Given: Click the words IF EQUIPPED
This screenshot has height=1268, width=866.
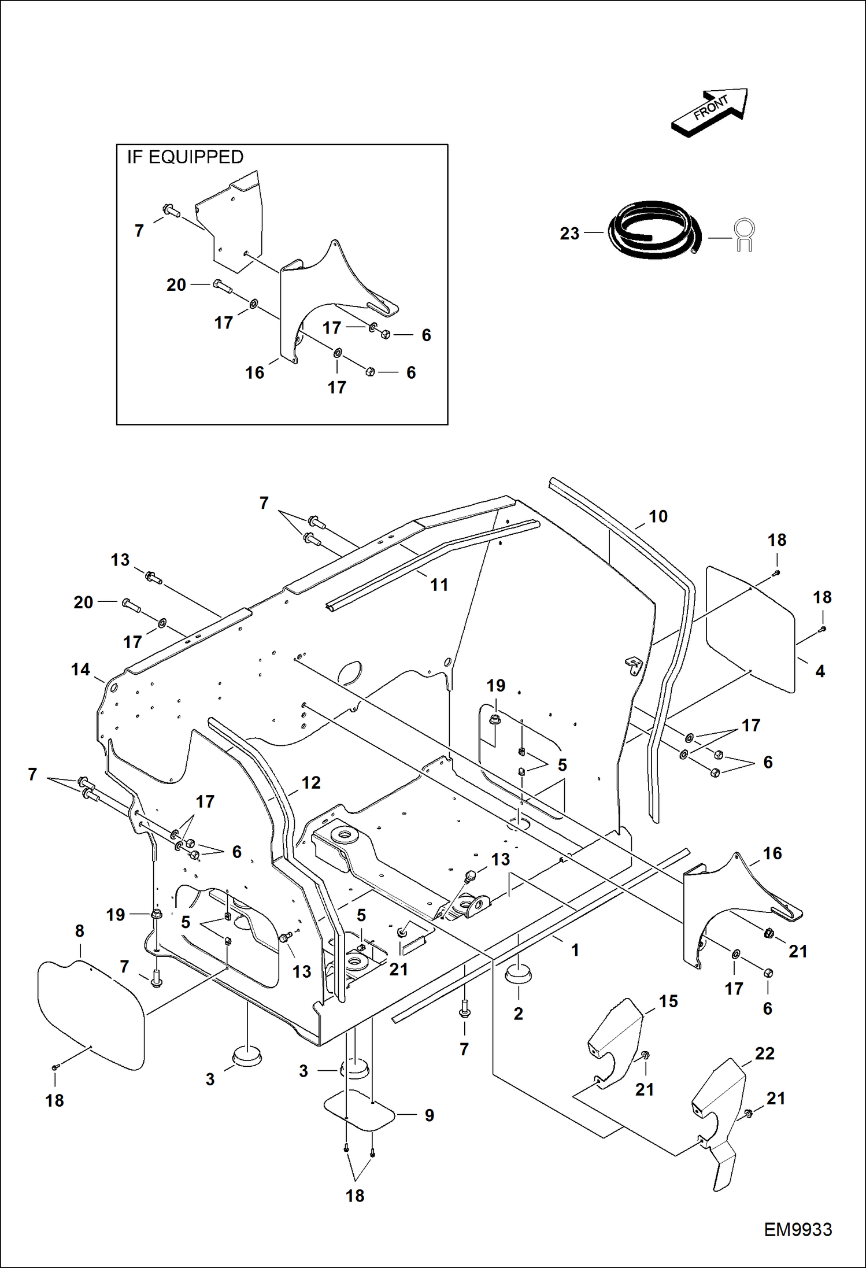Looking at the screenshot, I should (x=185, y=157).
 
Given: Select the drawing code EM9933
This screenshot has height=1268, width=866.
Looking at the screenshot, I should (x=797, y=1229).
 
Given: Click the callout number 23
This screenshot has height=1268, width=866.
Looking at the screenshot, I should (x=569, y=234).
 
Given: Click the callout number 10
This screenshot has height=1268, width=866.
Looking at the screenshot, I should (x=658, y=516).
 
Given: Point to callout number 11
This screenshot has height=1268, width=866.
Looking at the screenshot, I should (x=439, y=585).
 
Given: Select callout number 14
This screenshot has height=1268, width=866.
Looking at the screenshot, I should (x=80, y=670).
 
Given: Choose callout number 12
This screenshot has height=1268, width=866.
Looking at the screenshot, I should (x=311, y=782).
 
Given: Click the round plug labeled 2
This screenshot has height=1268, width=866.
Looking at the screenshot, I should (x=518, y=975).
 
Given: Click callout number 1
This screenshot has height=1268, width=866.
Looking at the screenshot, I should (x=575, y=950).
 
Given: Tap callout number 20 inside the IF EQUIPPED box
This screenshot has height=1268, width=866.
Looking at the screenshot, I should (x=176, y=284).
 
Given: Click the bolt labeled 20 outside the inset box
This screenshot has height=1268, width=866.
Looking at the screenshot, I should (x=131, y=605).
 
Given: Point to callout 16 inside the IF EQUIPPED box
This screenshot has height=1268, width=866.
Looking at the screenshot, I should (x=255, y=372).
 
